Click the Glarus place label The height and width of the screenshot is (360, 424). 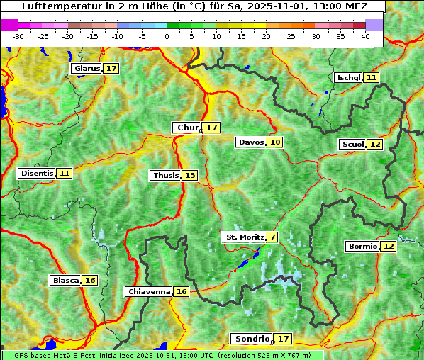click(87, 69)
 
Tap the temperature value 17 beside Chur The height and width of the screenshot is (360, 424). click(212, 128)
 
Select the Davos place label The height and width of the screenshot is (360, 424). click(251, 142)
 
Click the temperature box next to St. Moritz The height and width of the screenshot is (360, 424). click(273, 237)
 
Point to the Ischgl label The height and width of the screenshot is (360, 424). click(348, 77)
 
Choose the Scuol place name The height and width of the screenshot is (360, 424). click(352, 145)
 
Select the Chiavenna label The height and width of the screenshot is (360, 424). click(149, 291)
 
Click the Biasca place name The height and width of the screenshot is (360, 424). click(65, 281)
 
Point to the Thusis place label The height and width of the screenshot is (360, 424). click(165, 175)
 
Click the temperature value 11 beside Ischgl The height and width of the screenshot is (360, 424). click(372, 77)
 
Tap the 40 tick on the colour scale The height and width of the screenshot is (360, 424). click(365, 36)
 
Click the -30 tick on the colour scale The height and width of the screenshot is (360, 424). click(18, 36)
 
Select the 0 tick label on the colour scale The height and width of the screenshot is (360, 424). click(167, 36)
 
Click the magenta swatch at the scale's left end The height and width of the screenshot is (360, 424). click(9, 25)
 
